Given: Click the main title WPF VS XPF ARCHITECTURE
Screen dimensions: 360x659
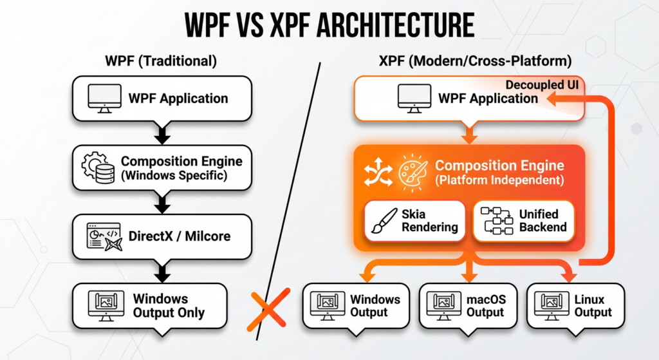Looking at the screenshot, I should (x=329, y=26).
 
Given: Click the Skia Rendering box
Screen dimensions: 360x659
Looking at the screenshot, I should (x=414, y=221).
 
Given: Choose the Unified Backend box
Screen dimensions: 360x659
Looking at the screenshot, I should (x=523, y=221).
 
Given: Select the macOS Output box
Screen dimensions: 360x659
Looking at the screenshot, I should (x=467, y=305).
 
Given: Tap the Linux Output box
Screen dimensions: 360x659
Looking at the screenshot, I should (x=574, y=305).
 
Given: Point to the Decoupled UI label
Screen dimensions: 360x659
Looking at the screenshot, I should (x=542, y=84).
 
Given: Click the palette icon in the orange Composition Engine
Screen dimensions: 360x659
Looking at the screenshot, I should (x=410, y=172).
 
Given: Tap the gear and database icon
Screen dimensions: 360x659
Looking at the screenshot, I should (x=97, y=167).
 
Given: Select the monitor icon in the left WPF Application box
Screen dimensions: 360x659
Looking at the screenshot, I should (x=104, y=99).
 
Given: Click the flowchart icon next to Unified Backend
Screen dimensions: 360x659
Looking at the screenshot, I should (x=495, y=221).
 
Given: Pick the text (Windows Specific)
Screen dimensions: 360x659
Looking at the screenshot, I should (x=173, y=175).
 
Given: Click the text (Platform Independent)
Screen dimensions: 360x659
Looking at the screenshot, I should (x=499, y=180).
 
